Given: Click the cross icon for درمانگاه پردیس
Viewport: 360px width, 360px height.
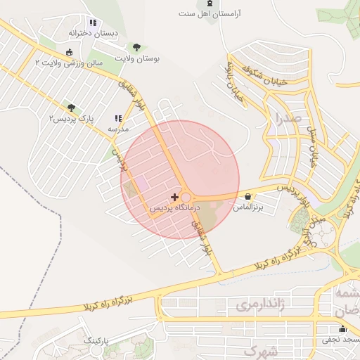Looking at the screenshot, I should tap(174, 197).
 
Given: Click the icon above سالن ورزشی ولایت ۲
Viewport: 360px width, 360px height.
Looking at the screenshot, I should tap(69, 52).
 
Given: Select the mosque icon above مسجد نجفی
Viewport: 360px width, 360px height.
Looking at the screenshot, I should tap(342, 328).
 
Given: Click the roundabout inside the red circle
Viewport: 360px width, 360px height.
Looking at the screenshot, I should tap(186, 198).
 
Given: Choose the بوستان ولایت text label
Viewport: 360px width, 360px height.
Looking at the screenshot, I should tap(137, 59).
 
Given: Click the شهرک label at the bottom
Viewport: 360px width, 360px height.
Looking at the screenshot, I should tap(261, 349).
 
